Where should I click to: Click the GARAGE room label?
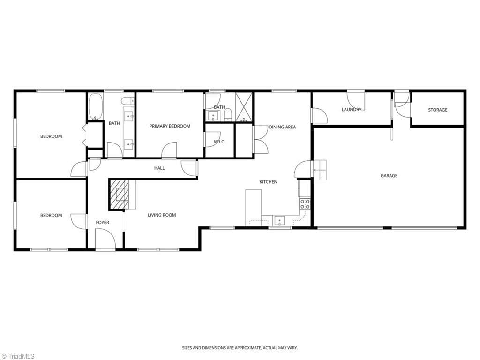click(389, 176)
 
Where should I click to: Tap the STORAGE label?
click(437, 110)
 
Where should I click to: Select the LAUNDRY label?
click(352, 109)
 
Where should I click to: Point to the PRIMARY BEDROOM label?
click(170, 126)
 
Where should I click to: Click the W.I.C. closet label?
click(219, 142)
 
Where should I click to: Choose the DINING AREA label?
click(282, 127)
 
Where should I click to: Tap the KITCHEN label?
click(268, 182)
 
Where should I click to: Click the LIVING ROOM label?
click(162, 215)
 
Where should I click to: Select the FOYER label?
click(102, 222)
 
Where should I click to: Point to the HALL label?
click(159, 168)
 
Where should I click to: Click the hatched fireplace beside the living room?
click(120, 195)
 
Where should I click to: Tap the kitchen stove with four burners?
click(305, 204)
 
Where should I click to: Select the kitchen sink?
click(279, 221)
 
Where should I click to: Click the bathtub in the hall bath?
click(96, 106)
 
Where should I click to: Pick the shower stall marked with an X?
click(244, 107)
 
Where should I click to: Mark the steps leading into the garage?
click(320, 170)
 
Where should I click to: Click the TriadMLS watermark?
click(18, 356)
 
